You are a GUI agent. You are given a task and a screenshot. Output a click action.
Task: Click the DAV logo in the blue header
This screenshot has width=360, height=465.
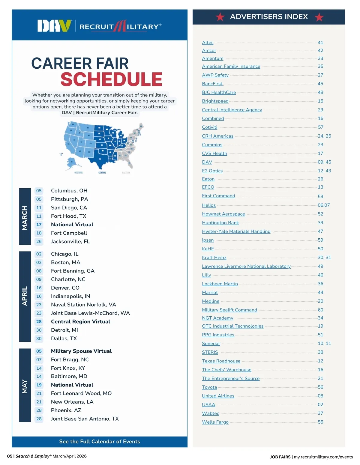pos(54,26)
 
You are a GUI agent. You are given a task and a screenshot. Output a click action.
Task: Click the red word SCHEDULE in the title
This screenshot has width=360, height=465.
pos(111,79)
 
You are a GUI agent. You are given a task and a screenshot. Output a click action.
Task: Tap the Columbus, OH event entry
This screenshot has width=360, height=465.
pos(69,191)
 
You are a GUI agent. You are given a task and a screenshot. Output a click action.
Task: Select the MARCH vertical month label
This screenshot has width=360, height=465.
pos(25,218)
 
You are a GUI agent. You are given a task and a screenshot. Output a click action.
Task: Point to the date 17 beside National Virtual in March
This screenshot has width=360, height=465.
pos(39,225)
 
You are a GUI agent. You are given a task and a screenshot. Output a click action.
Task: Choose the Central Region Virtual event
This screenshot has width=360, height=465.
pos(80,322)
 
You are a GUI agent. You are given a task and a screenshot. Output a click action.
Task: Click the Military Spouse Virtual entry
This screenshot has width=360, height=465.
pos(81,351)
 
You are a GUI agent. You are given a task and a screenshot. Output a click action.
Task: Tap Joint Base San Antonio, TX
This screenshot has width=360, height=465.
pos(85,419)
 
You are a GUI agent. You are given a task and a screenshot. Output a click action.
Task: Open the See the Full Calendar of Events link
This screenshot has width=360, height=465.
pos(100,442)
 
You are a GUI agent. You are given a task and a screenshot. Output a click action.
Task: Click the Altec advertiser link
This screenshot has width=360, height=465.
pos(208,43)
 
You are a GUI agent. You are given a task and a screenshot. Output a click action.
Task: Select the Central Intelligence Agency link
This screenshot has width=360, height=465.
pos(232,110)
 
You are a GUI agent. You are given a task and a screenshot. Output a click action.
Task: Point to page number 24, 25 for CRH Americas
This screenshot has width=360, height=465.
pos(324,136)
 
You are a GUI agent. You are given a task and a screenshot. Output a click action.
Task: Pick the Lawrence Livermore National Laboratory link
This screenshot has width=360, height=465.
pos(246,266)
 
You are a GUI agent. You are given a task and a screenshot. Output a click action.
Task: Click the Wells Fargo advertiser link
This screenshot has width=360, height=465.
pos(215,422)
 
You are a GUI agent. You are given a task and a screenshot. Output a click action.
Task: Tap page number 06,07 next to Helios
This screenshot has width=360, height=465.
pos(324,205)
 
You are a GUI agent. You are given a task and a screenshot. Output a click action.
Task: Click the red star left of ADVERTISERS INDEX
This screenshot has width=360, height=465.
pos(220,17)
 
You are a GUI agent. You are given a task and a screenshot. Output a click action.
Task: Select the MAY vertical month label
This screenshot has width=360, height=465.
pos(25,386)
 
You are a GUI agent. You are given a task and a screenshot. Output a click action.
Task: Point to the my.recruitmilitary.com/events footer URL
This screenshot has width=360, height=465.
pos(323,457)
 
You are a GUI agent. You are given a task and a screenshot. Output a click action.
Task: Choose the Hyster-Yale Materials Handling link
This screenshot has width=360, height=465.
pos(236,231)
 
